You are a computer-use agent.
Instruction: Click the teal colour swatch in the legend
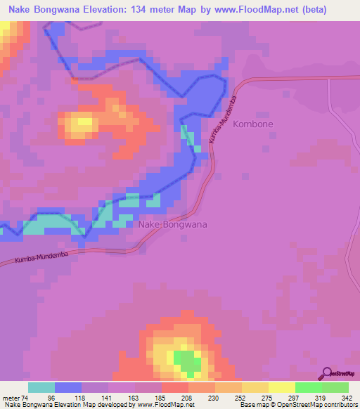tap(41, 387)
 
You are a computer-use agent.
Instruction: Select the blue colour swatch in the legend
tap(68, 387)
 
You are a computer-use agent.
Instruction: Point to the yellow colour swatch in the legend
tap(282, 387)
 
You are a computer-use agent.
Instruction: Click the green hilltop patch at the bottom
tap(187, 363)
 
